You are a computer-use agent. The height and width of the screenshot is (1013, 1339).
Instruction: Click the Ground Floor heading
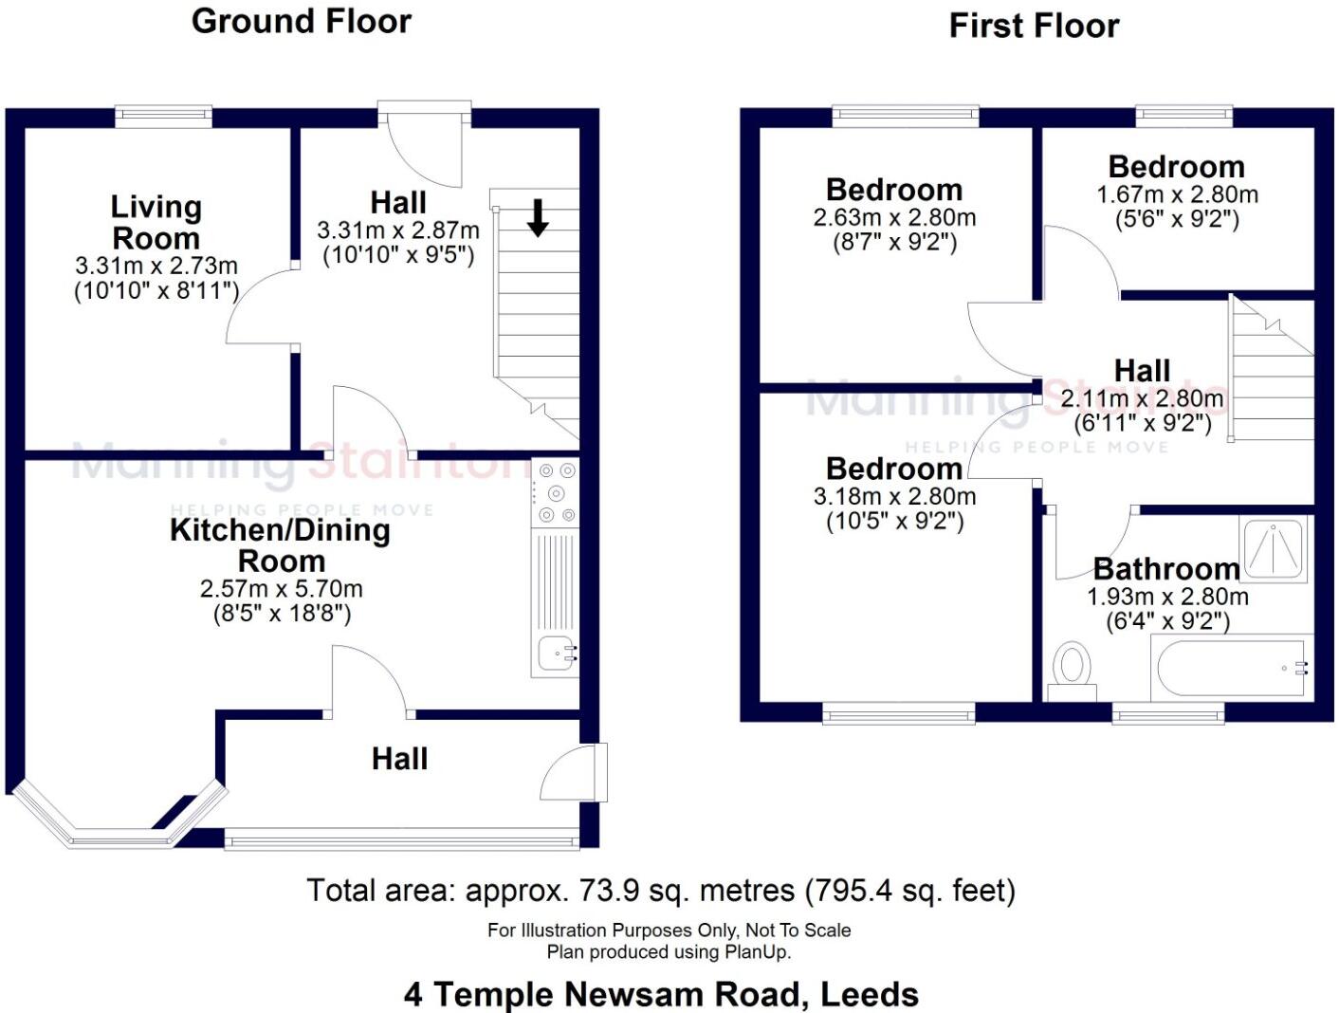pyautogui.click(x=302, y=21)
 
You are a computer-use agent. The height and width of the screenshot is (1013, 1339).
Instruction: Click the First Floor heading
pyautogui.click(x=1034, y=26)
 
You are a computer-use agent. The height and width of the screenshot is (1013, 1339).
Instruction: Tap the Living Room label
pyautogui.click(x=156, y=222)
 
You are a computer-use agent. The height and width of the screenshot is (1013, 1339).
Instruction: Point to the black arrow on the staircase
pyautogui.click(x=538, y=217)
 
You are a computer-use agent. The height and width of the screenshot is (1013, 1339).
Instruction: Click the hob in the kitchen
pyautogui.click(x=556, y=491)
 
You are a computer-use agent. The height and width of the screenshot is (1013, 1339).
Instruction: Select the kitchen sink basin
pyautogui.click(x=554, y=654)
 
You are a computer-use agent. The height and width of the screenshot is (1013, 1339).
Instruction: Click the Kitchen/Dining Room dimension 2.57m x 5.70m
pyautogui.click(x=281, y=589)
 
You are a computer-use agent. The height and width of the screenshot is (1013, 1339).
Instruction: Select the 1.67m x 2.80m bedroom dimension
pyautogui.click(x=1177, y=195)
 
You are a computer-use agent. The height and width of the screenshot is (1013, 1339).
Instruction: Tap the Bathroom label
pyautogui.click(x=1165, y=569)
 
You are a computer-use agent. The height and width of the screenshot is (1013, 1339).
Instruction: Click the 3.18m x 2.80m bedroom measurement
pyautogui.click(x=894, y=496)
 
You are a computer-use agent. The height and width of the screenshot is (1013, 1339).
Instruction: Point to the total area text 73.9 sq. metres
pyautogui.click(x=661, y=891)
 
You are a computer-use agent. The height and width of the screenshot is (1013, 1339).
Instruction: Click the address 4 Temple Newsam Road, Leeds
pyautogui.click(x=661, y=994)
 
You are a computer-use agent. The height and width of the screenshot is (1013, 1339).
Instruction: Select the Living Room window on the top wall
pyautogui.click(x=163, y=116)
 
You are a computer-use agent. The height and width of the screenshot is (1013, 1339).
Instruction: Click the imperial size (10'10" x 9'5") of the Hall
pyautogui.click(x=398, y=255)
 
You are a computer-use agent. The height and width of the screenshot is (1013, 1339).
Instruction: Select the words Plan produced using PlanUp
pyautogui.click(x=669, y=951)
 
